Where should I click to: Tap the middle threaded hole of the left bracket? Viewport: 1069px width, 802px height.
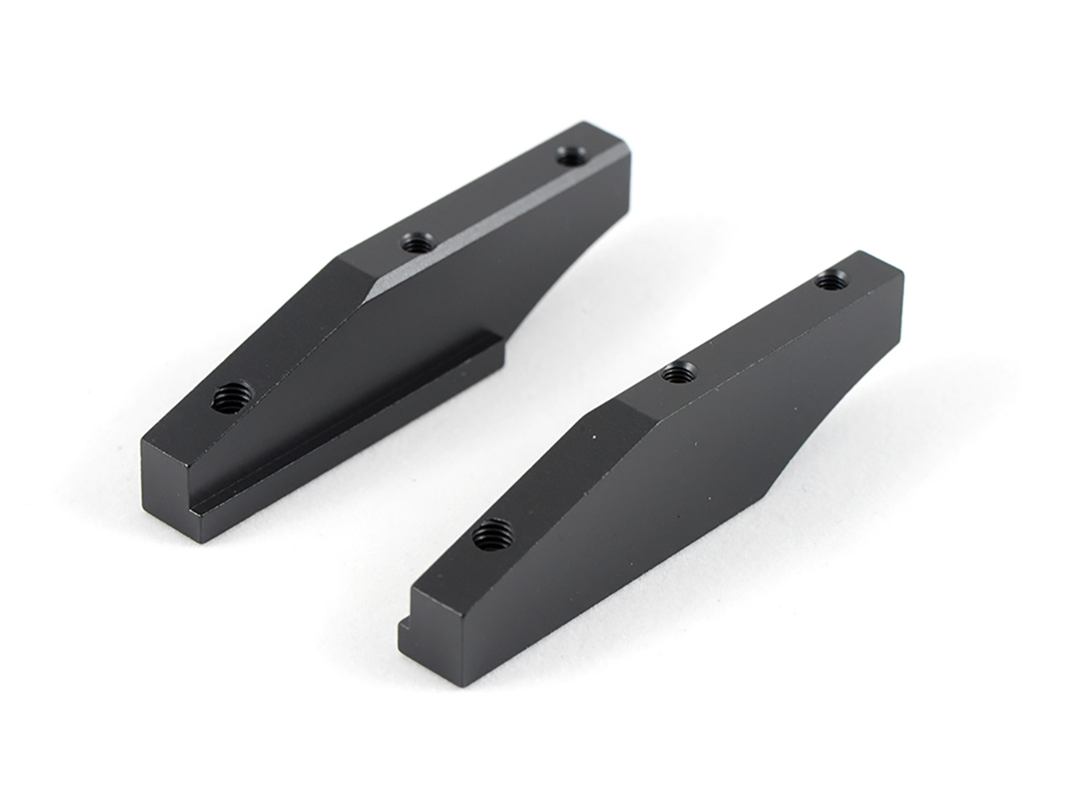[416, 241]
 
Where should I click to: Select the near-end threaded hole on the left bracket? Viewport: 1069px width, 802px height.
[232, 396]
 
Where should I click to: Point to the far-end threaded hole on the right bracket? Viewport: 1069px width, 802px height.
[830, 282]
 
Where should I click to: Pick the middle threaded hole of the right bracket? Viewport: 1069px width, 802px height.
[679, 373]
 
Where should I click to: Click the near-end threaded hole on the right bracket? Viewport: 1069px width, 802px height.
[493, 535]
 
